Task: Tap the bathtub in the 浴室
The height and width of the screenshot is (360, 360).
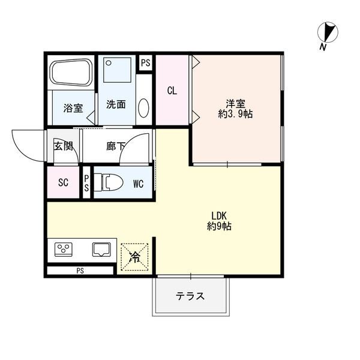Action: pos(71,74)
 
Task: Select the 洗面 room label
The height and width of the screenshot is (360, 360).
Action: pos(116,104)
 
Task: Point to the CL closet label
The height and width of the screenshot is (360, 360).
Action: pos(172,91)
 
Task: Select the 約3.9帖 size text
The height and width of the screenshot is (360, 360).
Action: pos(235,114)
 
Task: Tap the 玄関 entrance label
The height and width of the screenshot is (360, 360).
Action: pos(64,145)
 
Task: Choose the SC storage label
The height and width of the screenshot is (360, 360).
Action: pos(63,184)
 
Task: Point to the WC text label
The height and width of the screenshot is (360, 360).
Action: pos(138,184)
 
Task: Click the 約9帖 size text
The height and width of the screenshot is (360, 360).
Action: pos(219,227)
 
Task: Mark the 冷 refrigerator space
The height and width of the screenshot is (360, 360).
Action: pos(135,257)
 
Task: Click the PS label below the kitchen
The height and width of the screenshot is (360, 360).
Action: pos(80,270)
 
